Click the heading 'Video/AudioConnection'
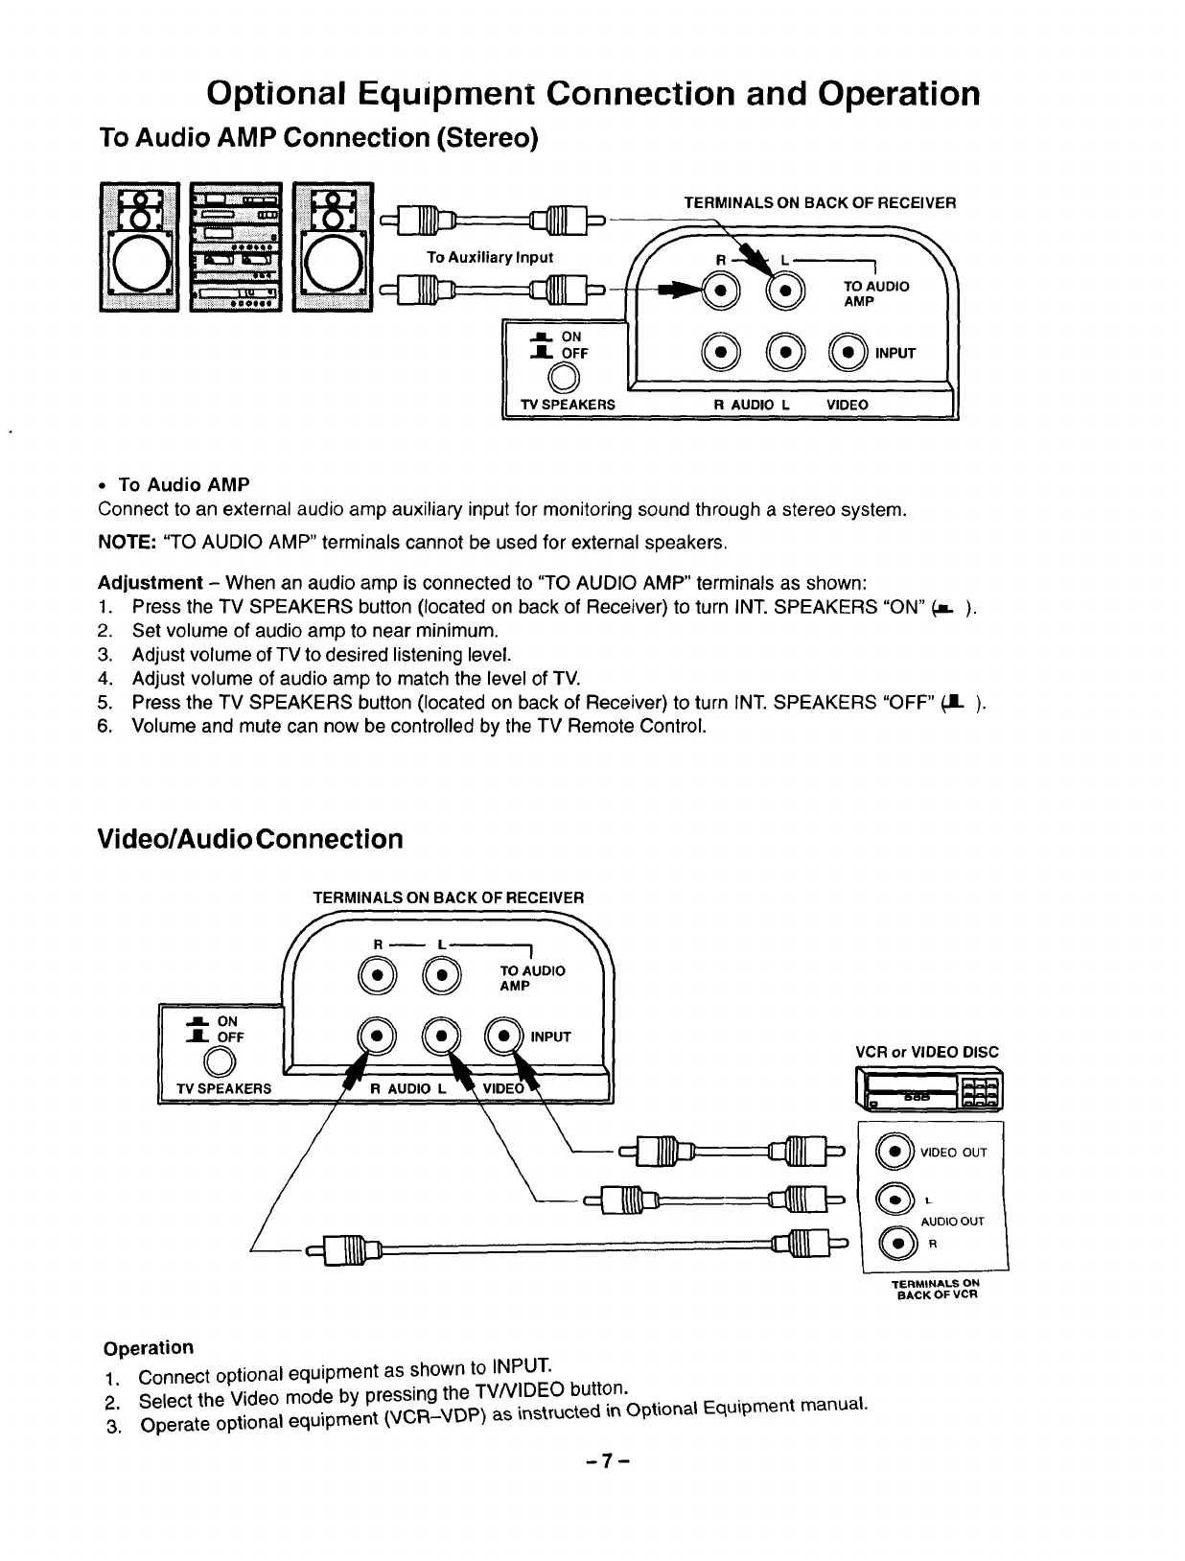250,840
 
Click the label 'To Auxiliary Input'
490,257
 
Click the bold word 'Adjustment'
150,583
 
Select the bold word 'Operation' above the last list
148,1347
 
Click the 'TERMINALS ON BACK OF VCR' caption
935,1289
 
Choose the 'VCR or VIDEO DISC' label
926,1052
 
